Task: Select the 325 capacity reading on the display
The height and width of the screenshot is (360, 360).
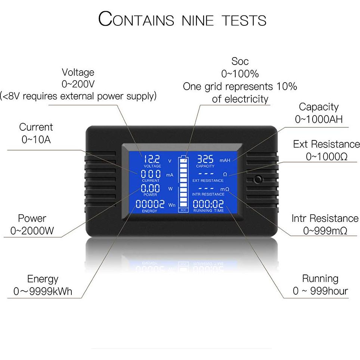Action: click(205, 159)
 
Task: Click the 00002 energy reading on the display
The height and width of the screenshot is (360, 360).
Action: click(150, 204)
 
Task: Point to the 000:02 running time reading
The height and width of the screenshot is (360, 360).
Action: click(208, 204)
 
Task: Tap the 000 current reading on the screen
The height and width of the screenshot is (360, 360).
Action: click(151, 174)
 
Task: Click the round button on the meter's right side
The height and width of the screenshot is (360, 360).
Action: click(258, 180)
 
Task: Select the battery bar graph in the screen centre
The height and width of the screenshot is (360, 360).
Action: click(184, 182)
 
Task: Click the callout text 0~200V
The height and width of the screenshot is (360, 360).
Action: click(78, 84)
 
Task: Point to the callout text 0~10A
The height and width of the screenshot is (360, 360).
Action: click(36, 140)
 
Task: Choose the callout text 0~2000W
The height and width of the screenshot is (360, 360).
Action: click(32, 231)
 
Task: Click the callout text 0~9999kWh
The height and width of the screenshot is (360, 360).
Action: click(43, 291)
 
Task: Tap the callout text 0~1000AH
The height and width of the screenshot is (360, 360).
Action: click(319, 119)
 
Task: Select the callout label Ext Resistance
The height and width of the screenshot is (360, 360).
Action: click(326, 144)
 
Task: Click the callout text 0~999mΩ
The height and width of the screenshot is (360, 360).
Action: click(325, 231)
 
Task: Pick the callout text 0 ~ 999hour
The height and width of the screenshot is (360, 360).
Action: click(320, 291)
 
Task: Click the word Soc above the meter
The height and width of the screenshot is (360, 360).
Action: click(240, 61)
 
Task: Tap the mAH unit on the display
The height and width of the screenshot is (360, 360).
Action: click(225, 161)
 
